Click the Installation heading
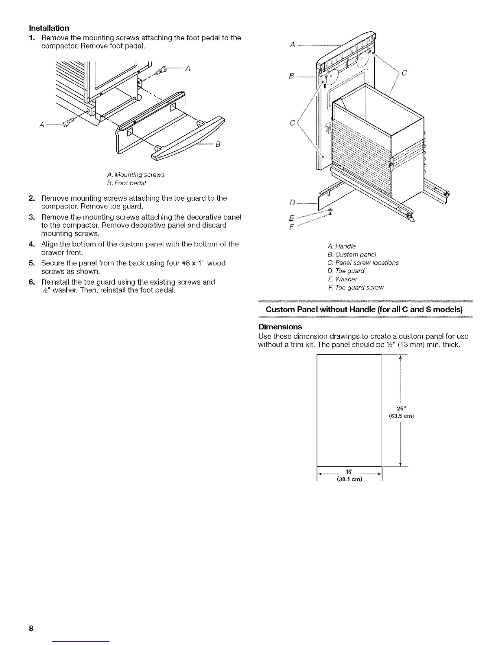[x=49, y=28]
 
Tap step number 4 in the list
[x=31, y=244]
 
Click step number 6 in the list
[x=31, y=282]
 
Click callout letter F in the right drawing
[x=291, y=226]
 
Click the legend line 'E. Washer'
[x=342, y=279]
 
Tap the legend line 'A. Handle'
[x=341, y=246]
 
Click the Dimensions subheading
[x=280, y=327]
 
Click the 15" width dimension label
[x=349, y=473]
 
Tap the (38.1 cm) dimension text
[x=349, y=479]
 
